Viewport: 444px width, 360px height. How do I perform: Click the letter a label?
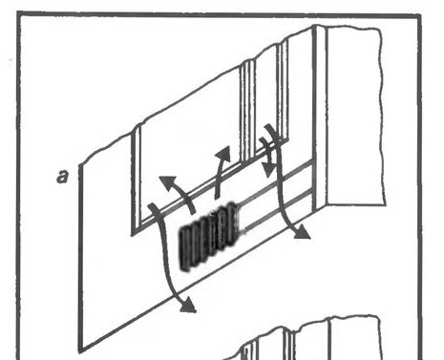pos(63,176)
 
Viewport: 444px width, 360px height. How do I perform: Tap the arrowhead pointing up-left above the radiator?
pos(168,182)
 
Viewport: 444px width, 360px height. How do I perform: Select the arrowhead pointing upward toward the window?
pos(223,154)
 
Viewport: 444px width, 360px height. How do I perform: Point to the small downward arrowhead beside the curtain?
pos(269,171)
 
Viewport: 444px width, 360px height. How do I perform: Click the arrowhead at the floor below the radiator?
pos(188,306)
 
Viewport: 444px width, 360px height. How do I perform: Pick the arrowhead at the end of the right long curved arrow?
pos(301,232)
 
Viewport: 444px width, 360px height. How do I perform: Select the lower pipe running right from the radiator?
pos(278,210)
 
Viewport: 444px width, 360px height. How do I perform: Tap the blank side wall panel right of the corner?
pos(354,116)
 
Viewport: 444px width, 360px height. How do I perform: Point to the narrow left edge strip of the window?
pos(137,179)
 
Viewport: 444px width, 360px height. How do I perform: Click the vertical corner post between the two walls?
pos(319,117)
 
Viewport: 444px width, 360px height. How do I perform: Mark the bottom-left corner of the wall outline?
pos(80,350)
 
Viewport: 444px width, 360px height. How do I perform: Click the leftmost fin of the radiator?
pos(184,248)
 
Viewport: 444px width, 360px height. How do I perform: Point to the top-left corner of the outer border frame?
pos(19,13)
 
